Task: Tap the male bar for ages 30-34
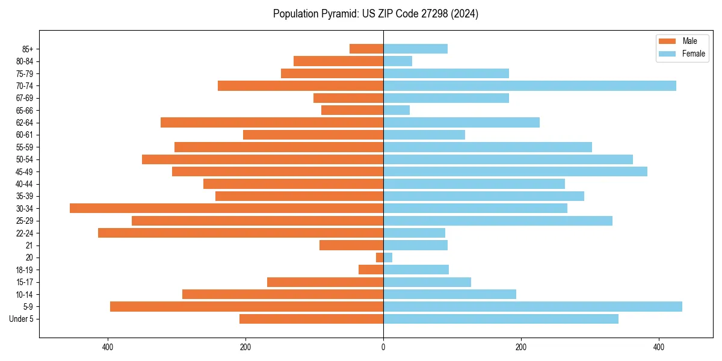pyautogui.click(x=226, y=208)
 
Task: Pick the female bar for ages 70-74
pyautogui.click(x=529, y=85)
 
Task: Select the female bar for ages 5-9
pyautogui.click(x=532, y=306)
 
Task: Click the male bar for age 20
pyautogui.click(x=380, y=258)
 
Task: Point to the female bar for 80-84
pyautogui.click(x=398, y=61)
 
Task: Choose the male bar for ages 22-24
pyautogui.click(x=241, y=233)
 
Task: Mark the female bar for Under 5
pyautogui.click(x=501, y=319)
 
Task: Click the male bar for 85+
pyautogui.click(x=366, y=49)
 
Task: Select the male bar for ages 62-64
pyautogui.click(x=272, y=122)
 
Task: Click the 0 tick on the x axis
pyautogui.click(x=383, y=347)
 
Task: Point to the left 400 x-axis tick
pyautogui.click(x=108, y=347)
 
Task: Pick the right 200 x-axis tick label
pyautogui.click(x=521, y=347)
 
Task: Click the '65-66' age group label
pyautogui.click(x=25, y=110)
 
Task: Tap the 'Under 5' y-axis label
pyautogui.click(x=21, y=319)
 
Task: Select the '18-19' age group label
pyautogui.click(x=25, y=270)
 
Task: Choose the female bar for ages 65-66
pyautogui.click(x=396, y=110)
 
